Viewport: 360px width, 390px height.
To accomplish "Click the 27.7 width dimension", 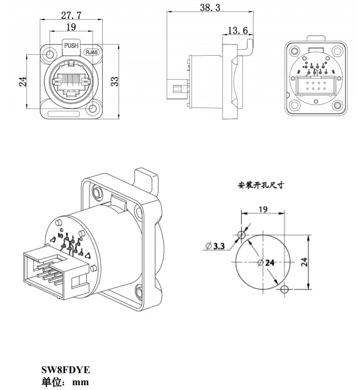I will coord(71,15).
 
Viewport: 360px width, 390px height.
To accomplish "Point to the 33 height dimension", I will coord(114,81).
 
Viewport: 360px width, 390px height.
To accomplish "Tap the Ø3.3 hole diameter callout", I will coord(216,246).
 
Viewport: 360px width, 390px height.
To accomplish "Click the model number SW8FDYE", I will coord(65,370).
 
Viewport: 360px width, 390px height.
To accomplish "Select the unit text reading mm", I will coord(81,382).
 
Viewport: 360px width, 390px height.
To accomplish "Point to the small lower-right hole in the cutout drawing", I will coord(285,289).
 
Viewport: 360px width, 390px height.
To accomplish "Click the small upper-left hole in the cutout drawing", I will coord(241,235).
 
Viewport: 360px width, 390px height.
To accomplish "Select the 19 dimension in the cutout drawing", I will coord(262,209).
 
